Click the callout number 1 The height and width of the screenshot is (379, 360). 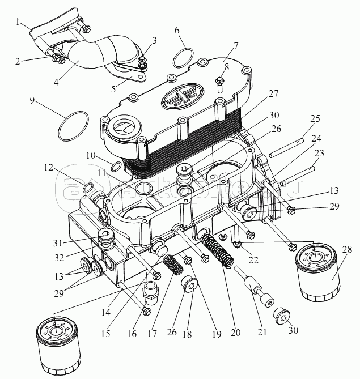[x=19, y=23]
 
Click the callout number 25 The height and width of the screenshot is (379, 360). [x=316, y=119]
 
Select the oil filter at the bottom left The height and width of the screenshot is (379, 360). [x=58, y=346]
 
